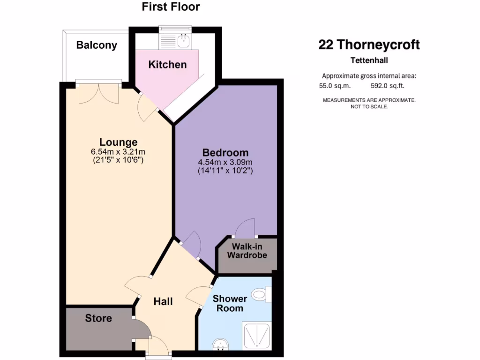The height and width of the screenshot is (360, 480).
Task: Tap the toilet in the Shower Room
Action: pos(260,294)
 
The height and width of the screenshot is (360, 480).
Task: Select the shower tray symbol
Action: pos(256,336)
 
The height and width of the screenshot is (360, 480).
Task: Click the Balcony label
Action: pos(97,45)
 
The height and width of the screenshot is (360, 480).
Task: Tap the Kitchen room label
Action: pos(167,65)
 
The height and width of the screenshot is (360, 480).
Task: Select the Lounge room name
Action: pos(118,142)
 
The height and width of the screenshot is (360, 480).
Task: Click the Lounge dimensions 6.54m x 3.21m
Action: pos(118,151)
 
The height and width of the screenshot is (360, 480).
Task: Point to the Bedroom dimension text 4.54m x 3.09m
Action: pos(225,163)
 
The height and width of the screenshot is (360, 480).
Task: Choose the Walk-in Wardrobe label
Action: pos(247,251)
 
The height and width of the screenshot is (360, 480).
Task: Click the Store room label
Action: pos(98,318)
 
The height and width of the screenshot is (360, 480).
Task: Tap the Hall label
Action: pos(163,301)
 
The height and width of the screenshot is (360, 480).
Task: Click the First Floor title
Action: pos(171,7)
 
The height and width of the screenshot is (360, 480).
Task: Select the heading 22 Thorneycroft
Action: pos(369,45)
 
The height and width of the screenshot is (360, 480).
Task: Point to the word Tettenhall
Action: pos(369,60)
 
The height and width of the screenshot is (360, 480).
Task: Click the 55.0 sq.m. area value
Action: pos(335,86)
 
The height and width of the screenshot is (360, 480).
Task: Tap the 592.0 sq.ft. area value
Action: pos(387,86)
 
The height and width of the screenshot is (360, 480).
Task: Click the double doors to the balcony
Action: pos(98,93)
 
